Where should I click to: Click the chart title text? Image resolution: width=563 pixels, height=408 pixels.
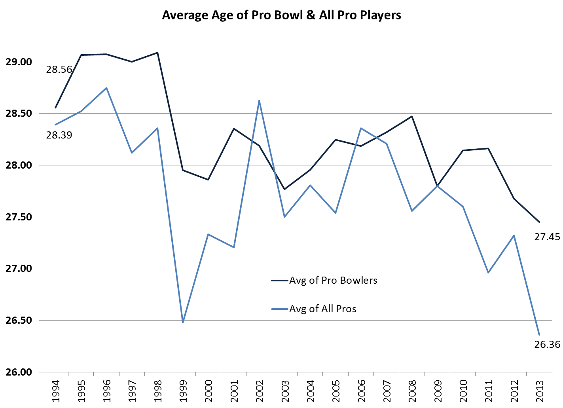281,15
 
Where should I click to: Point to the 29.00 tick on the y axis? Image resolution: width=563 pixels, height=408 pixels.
19,62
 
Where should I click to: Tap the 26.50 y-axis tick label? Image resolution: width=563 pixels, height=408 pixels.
19,321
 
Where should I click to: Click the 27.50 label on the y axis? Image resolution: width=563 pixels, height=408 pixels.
19,217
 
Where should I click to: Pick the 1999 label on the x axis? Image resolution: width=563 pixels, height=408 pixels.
183,391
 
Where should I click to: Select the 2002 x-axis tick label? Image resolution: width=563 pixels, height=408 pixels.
260,391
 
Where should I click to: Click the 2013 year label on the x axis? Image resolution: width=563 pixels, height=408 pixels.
540,391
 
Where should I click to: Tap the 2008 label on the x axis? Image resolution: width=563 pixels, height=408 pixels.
412,391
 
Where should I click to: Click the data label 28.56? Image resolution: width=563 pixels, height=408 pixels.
59,70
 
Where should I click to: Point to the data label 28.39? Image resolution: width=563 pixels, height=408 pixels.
59,135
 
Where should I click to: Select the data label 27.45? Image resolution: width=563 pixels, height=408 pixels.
547,237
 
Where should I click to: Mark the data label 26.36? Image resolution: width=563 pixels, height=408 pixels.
547,345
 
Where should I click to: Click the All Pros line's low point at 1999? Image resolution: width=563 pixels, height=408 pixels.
183,323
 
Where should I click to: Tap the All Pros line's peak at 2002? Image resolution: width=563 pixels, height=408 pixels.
259,101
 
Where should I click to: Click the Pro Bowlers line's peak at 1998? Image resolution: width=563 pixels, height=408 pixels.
157,53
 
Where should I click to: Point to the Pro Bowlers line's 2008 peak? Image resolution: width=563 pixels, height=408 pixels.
412,116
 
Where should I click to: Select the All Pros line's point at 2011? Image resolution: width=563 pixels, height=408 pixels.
488,273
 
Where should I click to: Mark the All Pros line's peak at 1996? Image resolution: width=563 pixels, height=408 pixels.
106,88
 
